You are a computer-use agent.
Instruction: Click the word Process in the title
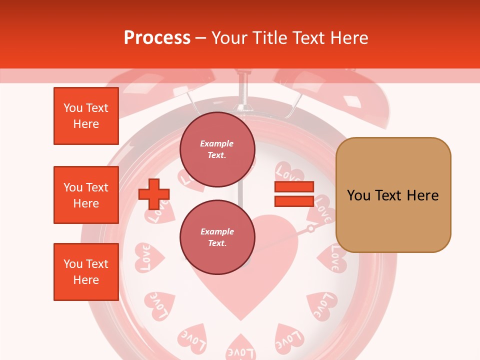point(157,38)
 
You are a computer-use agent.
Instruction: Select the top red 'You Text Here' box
point(86,116)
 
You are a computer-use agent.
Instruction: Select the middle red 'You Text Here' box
point(86,195)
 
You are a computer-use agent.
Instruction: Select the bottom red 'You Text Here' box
point(86,271)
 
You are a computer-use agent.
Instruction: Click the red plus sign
point(154,194)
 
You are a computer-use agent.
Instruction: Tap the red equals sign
point(294,194)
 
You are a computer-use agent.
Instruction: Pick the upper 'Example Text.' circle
point(217,149)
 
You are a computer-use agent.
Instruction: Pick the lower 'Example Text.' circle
point(217,237)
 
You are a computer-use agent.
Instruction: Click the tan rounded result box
point(393,195)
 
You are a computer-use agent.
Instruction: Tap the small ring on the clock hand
point(311,229)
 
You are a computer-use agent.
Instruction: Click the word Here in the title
point(350,38)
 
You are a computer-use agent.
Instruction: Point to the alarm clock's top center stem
point(244,90)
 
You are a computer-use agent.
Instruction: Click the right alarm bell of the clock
point(350,97)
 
